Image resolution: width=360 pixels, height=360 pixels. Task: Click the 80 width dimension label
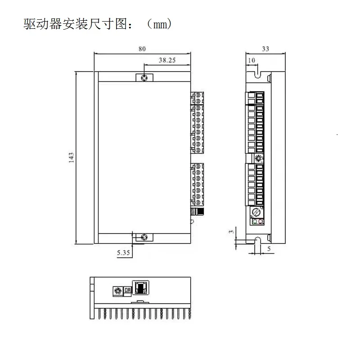tap(142, 49)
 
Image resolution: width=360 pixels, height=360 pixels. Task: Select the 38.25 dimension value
tap(167, 60)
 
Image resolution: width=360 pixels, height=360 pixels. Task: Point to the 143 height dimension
tap(72, 157)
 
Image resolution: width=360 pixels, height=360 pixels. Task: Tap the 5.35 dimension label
tap(123, 252)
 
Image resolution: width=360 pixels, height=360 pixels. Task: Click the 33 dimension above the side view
tap(265, 49)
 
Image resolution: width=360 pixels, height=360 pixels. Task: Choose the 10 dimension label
tap(252, 60)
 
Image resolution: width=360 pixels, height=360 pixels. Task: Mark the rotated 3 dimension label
tap(231, 232)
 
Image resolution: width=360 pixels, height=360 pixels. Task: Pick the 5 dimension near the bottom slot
tap(269, 248)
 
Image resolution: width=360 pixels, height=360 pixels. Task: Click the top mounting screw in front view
tap(144, 77)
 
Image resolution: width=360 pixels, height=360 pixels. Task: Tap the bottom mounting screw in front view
tap(144, 237)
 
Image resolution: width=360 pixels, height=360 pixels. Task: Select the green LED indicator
tap(255, 221)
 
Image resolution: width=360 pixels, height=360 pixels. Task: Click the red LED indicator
tap(261, 221)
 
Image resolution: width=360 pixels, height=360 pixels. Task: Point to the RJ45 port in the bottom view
tap(141, 288)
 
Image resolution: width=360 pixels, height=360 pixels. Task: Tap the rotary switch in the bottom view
tap(118, 291)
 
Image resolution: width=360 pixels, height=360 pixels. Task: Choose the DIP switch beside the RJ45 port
tap(127, 290)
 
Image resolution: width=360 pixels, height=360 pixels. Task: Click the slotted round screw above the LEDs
tap(256, 211)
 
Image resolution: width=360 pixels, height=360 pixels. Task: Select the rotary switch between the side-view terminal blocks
tap(259, 158)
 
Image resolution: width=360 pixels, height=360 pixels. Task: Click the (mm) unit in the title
tap(159, 24)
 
